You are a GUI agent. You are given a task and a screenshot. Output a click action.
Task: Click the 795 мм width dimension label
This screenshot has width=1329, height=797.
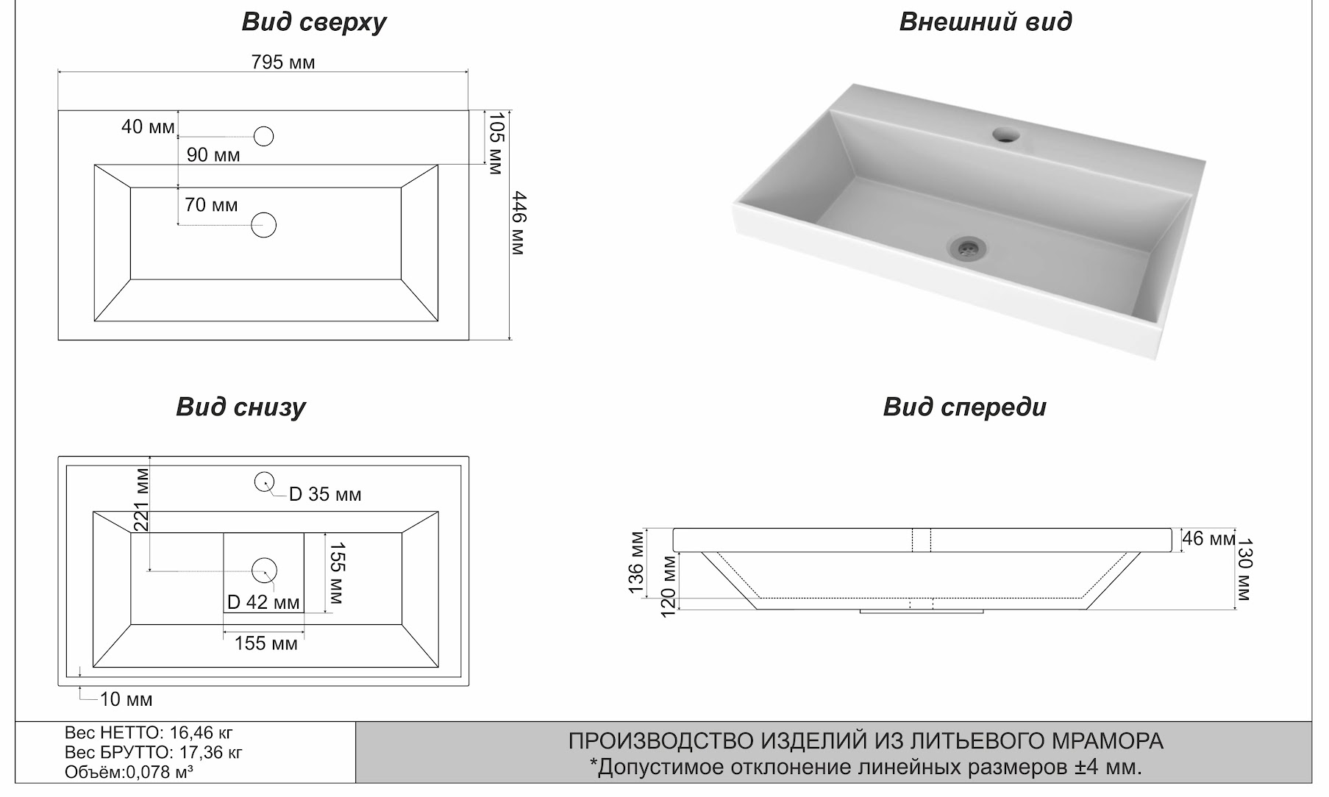coord(283,62)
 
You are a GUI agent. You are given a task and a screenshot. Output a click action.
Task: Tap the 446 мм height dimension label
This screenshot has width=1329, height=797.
coord(519,223)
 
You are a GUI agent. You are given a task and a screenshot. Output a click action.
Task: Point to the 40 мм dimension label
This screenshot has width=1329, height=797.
coord(148,127)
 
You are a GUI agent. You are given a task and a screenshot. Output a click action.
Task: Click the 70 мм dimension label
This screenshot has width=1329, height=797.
coord(211,205)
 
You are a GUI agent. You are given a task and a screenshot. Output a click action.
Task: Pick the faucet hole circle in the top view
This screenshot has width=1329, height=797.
coord(263,136)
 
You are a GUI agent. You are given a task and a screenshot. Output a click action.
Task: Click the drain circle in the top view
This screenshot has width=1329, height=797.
coord(263,225)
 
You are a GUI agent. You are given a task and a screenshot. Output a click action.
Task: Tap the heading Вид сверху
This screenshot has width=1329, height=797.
coord(314,23)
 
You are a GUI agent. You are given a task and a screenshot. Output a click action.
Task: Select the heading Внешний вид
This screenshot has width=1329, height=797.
coord(985,22)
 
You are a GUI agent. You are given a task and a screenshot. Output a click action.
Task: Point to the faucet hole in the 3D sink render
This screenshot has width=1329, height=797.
coord(1006,135)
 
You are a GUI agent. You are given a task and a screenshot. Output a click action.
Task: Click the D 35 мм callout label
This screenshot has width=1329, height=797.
coord(325,495)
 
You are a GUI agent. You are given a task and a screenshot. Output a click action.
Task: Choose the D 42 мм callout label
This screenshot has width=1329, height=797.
coord(263,603)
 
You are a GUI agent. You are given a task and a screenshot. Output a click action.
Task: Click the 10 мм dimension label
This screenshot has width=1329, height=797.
coord(126,699)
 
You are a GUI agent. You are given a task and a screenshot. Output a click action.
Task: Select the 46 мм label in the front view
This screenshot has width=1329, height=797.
coord(1208,539)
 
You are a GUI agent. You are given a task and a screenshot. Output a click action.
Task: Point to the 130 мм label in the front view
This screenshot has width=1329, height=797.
coord(1244,571)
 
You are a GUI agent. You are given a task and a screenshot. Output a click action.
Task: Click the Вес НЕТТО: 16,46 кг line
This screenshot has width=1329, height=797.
coord(149,733)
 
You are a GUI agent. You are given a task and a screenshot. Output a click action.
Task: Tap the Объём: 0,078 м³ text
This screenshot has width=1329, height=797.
coord(129,772)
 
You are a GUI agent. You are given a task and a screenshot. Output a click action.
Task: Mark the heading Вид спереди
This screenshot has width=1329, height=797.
coord(964,407)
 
